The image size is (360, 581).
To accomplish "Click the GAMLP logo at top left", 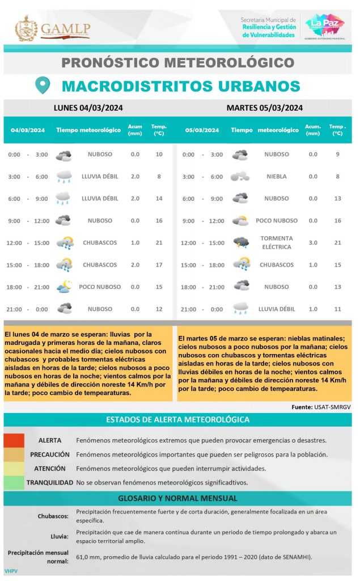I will tap(52, 28).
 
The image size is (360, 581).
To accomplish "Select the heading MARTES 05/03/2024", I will tap(264, 108).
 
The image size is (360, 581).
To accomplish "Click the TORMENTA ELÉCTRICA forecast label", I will tap(277, 242).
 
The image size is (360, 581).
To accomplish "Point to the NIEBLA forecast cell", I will tap(277, 176).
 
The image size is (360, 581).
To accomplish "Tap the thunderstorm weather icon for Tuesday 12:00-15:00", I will tap(241, 243).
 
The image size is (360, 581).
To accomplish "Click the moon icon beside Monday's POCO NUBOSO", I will tap(64, 287).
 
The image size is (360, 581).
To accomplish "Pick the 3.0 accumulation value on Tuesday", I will tap(313, 243).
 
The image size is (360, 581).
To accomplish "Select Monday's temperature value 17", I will tap(159, 265).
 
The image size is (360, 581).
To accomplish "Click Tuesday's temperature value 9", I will tap(337, 154).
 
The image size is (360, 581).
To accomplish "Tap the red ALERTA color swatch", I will tap(14, 440).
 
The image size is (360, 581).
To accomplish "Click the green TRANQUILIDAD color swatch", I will tap(14, 483).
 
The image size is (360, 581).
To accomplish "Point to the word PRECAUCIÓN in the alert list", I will tap(50, 454).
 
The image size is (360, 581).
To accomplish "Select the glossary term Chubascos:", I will tap(53, 516).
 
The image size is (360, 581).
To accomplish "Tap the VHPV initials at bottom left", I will tap(11, 570).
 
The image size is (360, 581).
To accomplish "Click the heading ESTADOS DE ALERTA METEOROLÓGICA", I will tap(177, 420).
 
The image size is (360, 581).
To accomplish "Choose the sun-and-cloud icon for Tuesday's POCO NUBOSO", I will tap(241, 221).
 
